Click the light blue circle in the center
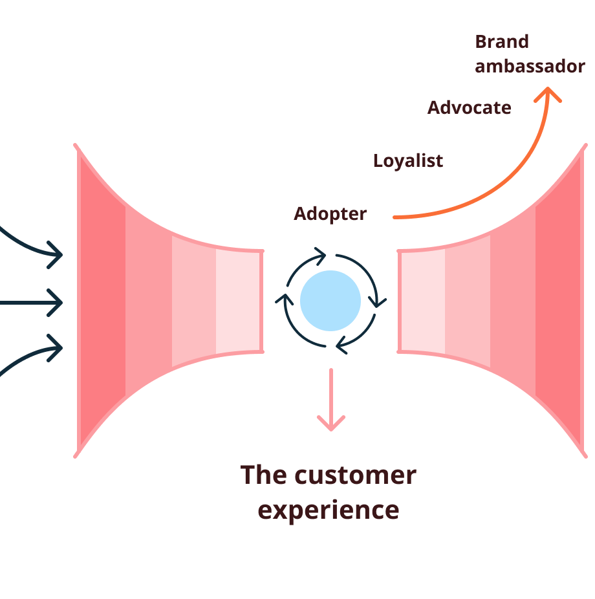(330, 301)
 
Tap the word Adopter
(330, 213)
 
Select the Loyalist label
(407, 160)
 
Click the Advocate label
(469, 107)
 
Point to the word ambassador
(530, 66)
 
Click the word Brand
(502, 41)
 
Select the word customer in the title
(355, 475)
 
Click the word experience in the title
(329, 510)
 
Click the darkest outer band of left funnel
(101, 301)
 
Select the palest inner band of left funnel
(238, 301)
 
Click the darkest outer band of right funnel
(559, 301)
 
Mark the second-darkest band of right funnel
(512, 301)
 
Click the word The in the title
(263, 475)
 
